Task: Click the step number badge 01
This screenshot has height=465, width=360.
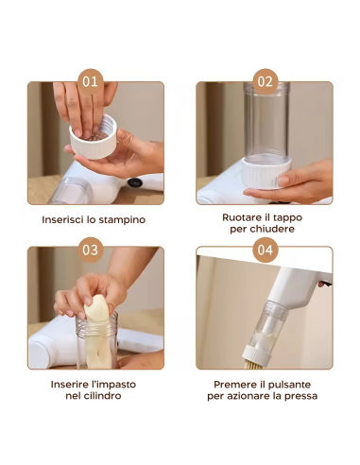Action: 91,81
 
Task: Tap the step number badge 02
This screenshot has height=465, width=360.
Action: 266,81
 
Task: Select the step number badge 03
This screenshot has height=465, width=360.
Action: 91,250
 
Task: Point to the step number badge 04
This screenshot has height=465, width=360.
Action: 266,250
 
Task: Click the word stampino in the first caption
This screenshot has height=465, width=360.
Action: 125,219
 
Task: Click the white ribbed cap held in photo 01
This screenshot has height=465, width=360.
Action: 94,138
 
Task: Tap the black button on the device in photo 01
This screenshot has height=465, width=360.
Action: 135,182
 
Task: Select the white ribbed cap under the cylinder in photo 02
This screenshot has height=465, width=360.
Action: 266,173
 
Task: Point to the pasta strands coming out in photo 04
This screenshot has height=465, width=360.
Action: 253,364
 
